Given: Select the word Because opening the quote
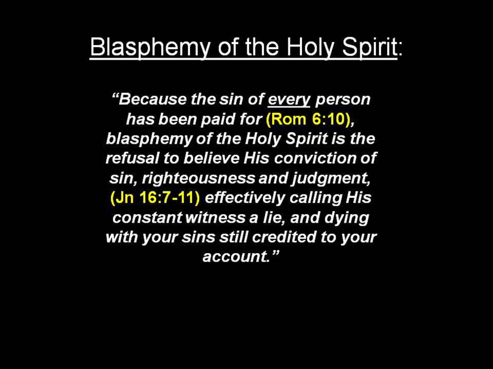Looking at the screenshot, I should (151, 99).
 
